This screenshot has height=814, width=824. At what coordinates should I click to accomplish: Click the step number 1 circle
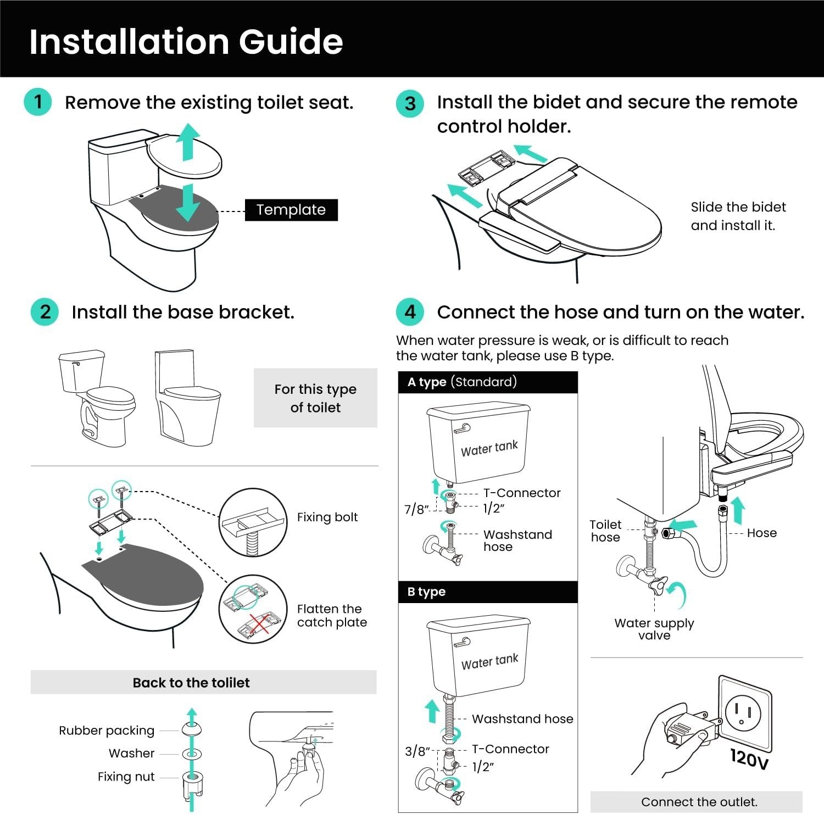pyautogui.click(x=38, y=102)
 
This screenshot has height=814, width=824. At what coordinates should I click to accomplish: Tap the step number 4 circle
pyautogui.click(x=410, y=312)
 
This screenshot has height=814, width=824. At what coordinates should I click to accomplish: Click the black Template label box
pyautogui.click(x=291, y=210)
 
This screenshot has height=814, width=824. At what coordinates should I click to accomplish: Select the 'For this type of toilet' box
pyautogui.click(x=315, y=398)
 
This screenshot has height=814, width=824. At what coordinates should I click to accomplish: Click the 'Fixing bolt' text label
pyautogui.click(x=327, y=517)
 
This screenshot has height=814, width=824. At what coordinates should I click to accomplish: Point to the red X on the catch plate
pyautogui.click(x=259, y=625)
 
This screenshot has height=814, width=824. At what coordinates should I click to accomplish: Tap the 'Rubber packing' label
pyautogui.click(x=107, y=731)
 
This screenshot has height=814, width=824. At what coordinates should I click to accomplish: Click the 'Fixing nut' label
pyautogui.click(x=126, y=777)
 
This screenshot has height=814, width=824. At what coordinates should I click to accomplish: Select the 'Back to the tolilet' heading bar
pyautogui.click(x=203, y=682)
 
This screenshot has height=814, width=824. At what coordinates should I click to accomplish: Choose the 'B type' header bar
pyautogui.click(x=488, y=592)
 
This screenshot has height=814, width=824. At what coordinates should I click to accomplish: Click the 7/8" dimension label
pyautogui.click(x=416, y=510)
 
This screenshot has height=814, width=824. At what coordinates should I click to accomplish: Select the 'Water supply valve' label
pyautogui.click(x=654, y=629)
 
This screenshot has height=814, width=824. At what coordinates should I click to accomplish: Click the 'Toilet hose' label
pyautogui.click(x=605, y=531)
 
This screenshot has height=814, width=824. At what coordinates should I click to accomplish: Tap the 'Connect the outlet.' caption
pyautogui.click(x=699, y=802)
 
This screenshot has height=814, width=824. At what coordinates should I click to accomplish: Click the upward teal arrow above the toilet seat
pyautogui.click(x=188, y=141)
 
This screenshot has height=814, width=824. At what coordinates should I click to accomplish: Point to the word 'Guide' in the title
pyautogui.click(x=291, y=42)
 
